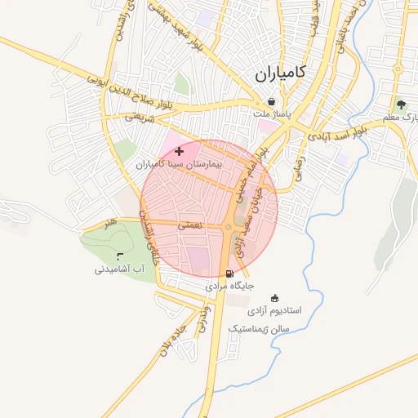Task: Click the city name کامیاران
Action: (x=278, y=73)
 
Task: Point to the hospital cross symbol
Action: (x=179, y=151)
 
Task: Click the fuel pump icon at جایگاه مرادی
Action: (x=229, y=273)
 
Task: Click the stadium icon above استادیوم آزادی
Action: (x=273, y=298)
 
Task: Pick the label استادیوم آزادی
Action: (x=274, y=311)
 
